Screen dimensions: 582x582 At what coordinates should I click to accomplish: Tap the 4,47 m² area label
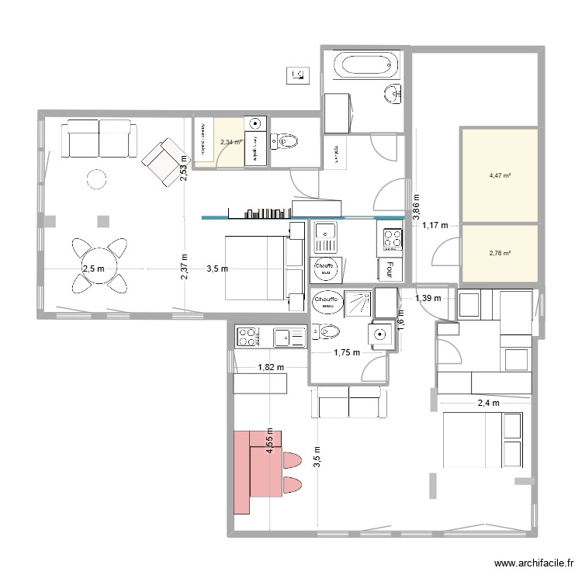(500, 176)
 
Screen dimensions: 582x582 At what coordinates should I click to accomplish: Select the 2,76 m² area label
(500, 253)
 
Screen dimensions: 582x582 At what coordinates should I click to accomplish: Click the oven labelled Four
(386, 269)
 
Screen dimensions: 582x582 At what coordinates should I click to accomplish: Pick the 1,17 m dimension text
(435, 226)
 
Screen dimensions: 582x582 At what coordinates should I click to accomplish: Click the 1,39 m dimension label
(428, 298)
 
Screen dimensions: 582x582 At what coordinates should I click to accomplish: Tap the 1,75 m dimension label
(347, 352)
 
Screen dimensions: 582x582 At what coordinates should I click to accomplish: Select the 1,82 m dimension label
(271, 368)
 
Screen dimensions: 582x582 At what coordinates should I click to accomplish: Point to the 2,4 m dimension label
(487, 403)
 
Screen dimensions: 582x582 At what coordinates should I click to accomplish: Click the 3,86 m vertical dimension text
(416, 208)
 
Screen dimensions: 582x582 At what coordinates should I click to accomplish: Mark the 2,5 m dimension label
(93, 269)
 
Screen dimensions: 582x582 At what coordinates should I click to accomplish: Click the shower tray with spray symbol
(357, 300)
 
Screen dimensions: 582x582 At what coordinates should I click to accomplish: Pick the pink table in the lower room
(252, 472)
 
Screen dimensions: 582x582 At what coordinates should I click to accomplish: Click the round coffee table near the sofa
(96, 179)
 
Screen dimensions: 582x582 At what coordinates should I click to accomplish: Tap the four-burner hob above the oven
(391, 237)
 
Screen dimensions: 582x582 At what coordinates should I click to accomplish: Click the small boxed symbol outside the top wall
(298, 75)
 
